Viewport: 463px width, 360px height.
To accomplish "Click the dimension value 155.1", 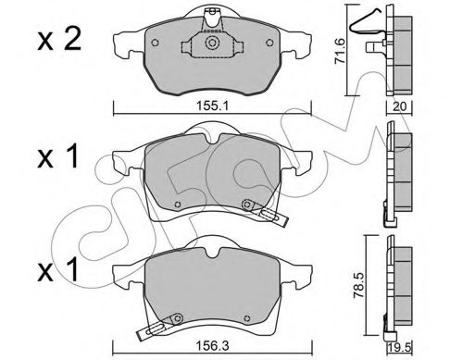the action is tap(212, 106).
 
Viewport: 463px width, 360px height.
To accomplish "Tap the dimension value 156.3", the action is tap(213, 345).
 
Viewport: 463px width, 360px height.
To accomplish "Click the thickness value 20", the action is tap(399, 106).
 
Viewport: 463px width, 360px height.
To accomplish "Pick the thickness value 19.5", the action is tap(400, 348).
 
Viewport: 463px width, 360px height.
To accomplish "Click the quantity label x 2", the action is tap(59, 40).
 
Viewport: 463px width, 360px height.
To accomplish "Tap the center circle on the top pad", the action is tap(212, 43).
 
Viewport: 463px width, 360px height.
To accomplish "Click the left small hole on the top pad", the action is tap(156, 43).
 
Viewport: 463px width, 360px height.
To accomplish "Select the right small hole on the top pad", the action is tap(269, 43).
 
